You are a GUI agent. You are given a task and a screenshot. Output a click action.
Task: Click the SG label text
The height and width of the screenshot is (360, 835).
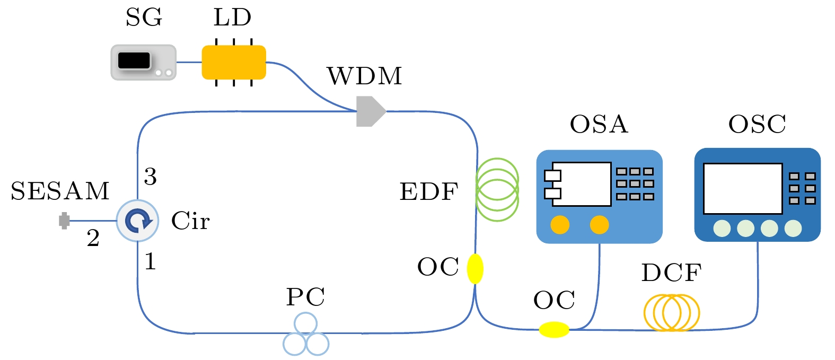pyautogui.click(x=144, y=17)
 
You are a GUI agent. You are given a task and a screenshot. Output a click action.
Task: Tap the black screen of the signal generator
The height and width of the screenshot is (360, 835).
pyautogui.click(x=134, y=60)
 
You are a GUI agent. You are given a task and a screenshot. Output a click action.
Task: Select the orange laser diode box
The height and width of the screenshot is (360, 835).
pyautogui.click(x=234, y=63)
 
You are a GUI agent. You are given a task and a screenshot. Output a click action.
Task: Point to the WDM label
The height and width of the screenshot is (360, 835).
pyautogui.click(x=365, y=76)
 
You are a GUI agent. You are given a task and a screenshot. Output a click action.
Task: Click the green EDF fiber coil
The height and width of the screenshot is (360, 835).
pyautogui.click(x=497, y=189)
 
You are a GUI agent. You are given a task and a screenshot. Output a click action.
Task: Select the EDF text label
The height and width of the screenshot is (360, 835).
pyautogui.click(x=428, y=192)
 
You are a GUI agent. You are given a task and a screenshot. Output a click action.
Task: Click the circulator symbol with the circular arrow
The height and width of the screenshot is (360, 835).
pyautogui.click(x=138, y=221)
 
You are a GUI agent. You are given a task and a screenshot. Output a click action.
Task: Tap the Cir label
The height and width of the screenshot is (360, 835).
pyautogui.click(x=190, y=221)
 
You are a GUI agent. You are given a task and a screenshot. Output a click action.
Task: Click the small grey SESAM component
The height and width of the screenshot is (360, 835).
pyautogui.click(x=64, y=221)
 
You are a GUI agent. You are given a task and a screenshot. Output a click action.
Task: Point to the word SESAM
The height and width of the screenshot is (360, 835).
pyautogui.click(x=60, y=191)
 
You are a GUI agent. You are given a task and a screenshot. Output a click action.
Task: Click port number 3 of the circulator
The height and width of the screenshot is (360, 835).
pyautogui.click(x=151, y=177)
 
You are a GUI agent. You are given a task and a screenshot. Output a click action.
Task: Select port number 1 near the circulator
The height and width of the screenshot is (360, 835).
pyautogui.click(x=151, y=261)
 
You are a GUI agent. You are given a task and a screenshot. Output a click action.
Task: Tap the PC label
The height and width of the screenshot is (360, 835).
pyautogui.click(x=305, y=297)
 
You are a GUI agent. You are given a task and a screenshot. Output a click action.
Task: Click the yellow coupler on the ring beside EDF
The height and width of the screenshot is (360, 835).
pyautogui.click(x=475, y=269)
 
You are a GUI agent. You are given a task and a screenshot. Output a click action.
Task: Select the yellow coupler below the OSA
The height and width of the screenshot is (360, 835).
pyautogui.click(x=554, y=330)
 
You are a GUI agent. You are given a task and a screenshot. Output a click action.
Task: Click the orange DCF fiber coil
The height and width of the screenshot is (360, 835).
pyautogui.click(x=672, y=313)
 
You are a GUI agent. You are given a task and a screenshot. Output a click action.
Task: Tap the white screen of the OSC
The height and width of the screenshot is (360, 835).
pyautogui.click(x=742, y=188)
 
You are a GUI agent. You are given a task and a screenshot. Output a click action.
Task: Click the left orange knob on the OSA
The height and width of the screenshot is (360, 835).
pyautogui.click(x=560, y=225)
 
